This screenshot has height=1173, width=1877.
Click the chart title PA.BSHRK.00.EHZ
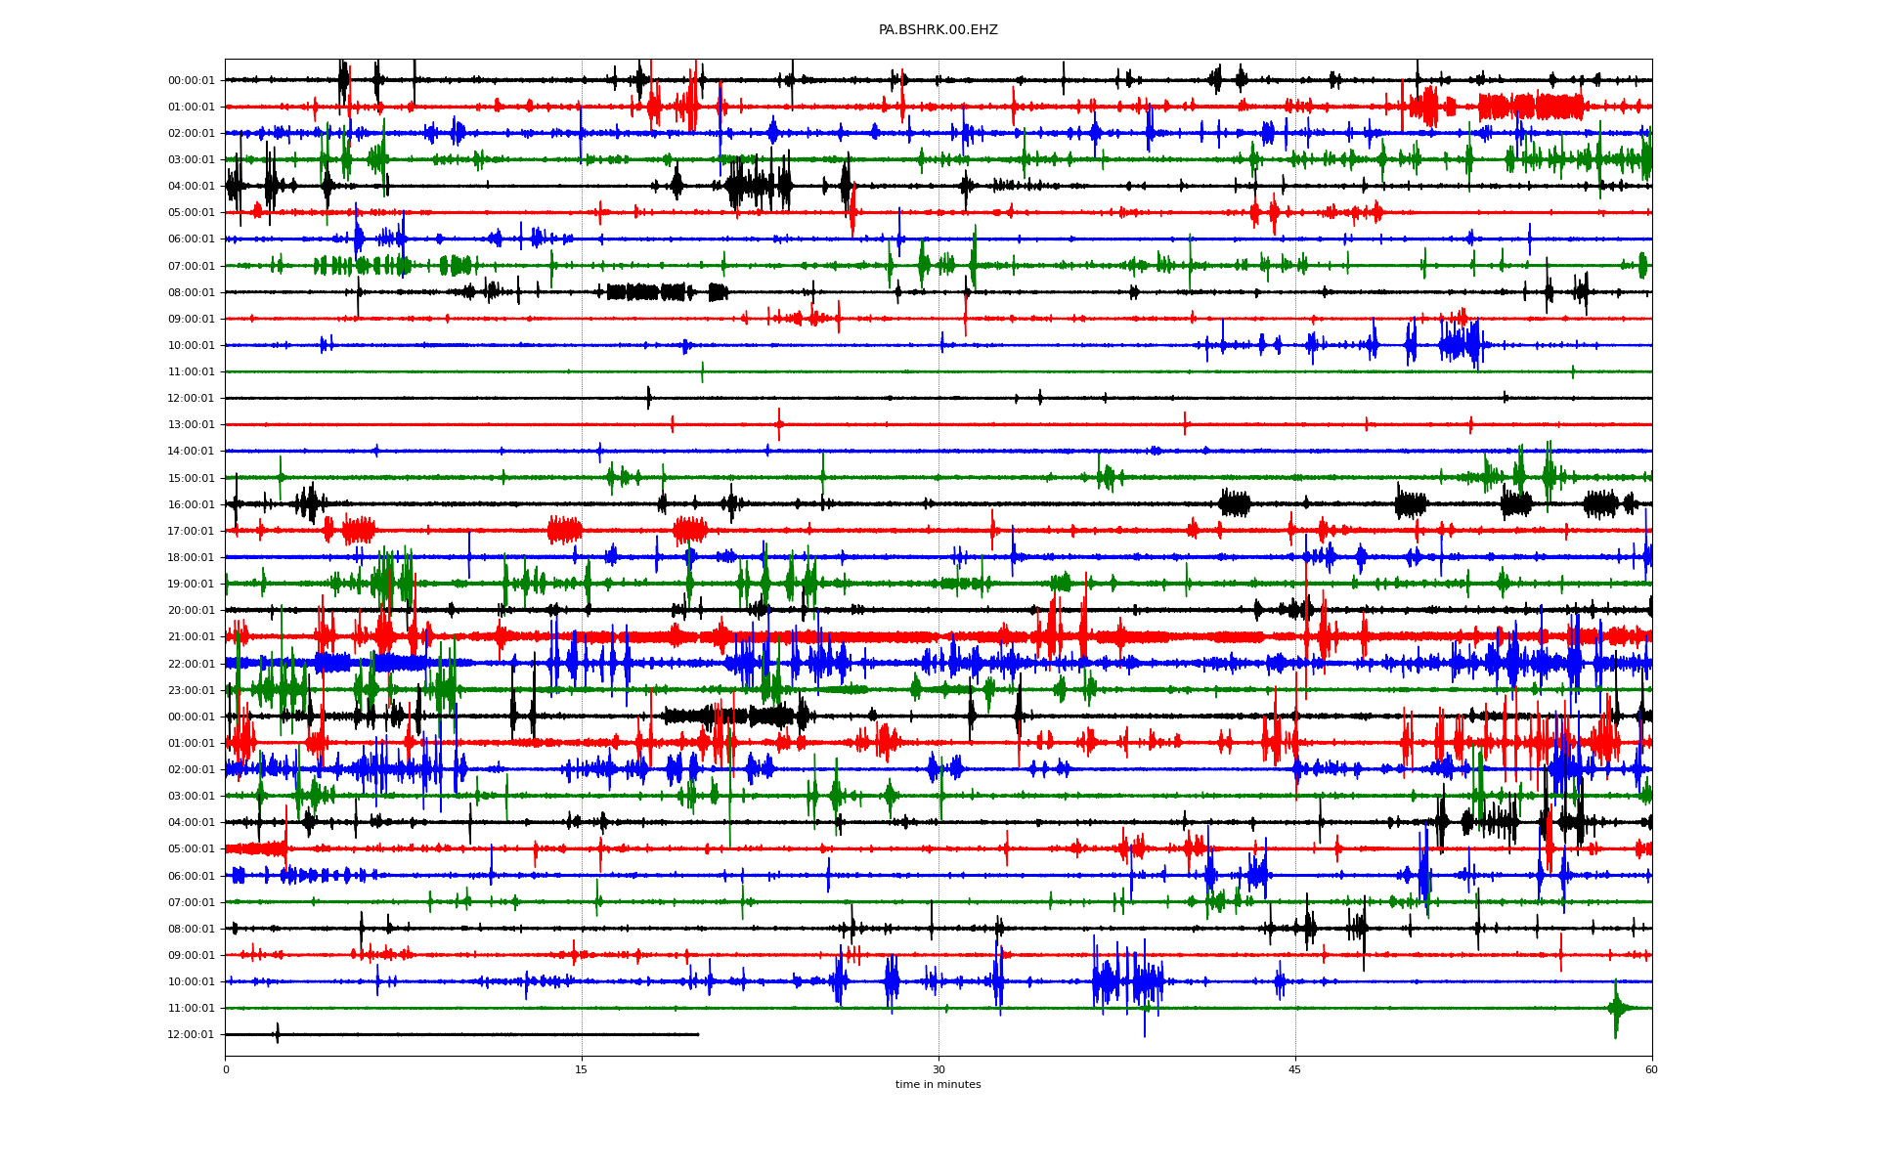[938, 30]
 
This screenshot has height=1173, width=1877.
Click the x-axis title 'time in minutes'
[938, 1084]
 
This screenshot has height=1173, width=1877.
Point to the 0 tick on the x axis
[225, 1069]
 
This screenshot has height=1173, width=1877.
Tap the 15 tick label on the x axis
[582, 1069]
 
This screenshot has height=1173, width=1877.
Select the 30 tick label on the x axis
[938, 1069]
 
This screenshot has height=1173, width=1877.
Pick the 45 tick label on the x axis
[1295, 1069]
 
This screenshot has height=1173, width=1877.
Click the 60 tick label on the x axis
[1651, 1069]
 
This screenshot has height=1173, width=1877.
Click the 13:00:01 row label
[191, 425]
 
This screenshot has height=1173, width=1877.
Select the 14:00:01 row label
[191, 452]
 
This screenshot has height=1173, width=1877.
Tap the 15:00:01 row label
[191, 478]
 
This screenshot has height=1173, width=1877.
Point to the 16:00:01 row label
[191, 504]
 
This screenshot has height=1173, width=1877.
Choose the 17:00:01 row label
[191, 531]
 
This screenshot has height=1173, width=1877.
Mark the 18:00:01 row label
[191, 557]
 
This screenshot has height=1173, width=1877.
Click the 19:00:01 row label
[191, 584]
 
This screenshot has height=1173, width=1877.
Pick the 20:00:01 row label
[191, 610]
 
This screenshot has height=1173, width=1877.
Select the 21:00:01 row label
[191, 636]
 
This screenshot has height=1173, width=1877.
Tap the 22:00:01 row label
[191, 664]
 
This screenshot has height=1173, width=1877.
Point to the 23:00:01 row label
[191, 690]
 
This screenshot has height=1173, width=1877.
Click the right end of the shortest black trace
[698, 1034]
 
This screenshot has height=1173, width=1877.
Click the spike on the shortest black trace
[278, 1033]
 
